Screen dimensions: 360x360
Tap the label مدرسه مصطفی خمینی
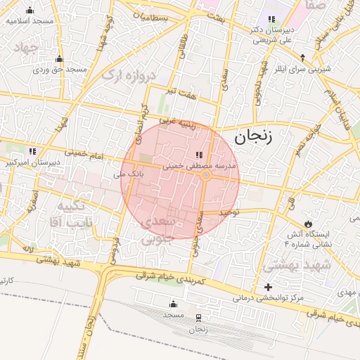tap(202, 167)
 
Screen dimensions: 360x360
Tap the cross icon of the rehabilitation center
tap(267, 287)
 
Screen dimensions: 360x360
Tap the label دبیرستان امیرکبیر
tap(30, 162)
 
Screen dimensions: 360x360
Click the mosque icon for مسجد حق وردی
tap(58, 59)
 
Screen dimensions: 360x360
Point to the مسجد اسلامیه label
tap(30, 21)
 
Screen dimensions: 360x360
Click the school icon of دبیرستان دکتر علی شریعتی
tap(271, 19)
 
